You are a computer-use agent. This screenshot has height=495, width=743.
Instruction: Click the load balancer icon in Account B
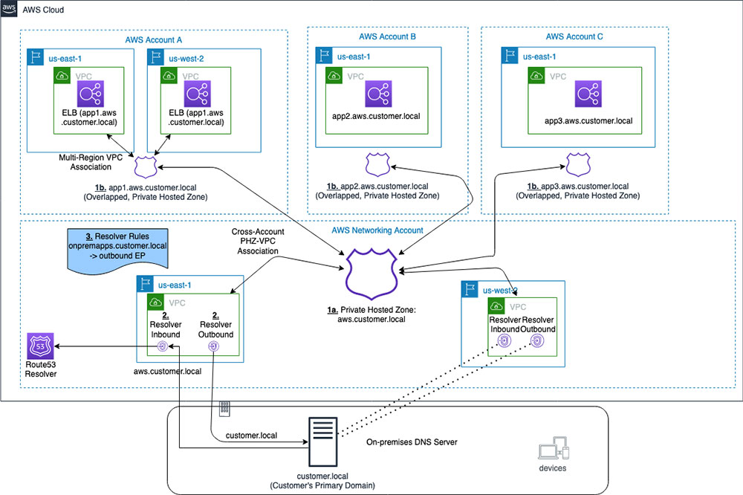tap(378, 94)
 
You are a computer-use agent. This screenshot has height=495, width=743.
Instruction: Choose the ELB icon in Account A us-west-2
tap(195, 94)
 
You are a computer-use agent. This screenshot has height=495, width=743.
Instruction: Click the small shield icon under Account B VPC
tap(379, 164)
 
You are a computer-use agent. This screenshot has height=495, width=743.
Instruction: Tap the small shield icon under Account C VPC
tap(579, 164)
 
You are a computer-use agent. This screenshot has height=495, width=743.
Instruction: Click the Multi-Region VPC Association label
tap(95, 162)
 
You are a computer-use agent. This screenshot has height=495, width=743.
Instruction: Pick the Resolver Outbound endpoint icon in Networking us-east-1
tap(212, 346)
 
